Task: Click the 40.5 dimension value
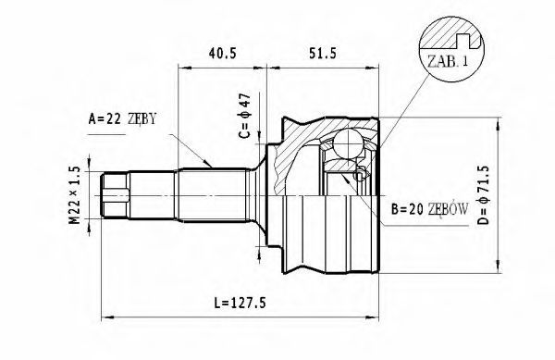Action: [x=222, y=53]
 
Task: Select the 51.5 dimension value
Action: [x=322, y=53]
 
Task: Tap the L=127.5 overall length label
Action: [x=240, y=303]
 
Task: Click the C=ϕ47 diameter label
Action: [x=244, y=116]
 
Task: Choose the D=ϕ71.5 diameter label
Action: [x=483, y=195]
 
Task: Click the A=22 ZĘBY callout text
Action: [x=122, y=119]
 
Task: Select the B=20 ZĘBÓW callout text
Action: [x=430, y=209]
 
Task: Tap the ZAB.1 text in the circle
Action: [x=448, y=61]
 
